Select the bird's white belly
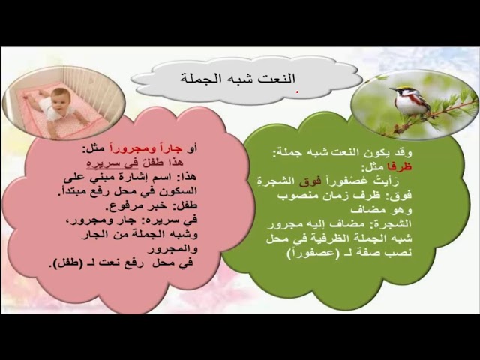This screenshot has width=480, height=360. click(x=409, y=104)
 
